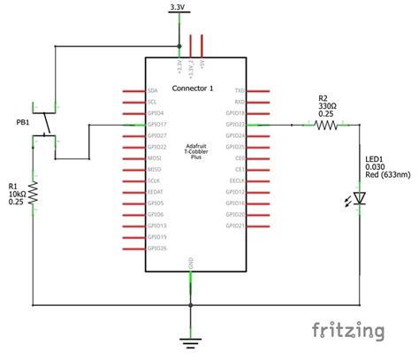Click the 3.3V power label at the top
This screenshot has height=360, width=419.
pos(178,8)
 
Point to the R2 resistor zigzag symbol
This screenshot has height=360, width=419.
pos(326,126)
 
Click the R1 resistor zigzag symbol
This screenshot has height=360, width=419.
pos(34,193)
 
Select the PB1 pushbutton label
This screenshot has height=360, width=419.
pos(23,121)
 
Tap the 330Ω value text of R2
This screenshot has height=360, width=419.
pos(327,106)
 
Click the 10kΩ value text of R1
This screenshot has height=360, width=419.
pos(18,195)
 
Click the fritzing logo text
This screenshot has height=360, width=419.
pos(349,331)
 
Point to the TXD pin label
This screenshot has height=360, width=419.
pos(240,91)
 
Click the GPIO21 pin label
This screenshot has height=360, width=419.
pos(235,226)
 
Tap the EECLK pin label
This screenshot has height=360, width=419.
pos(237,180)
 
